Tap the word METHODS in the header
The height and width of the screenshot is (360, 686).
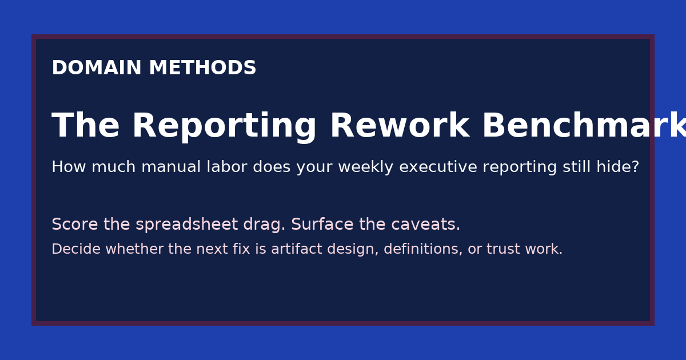[x=202, y=69]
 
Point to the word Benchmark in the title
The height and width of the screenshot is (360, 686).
[x=583, y=126]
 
